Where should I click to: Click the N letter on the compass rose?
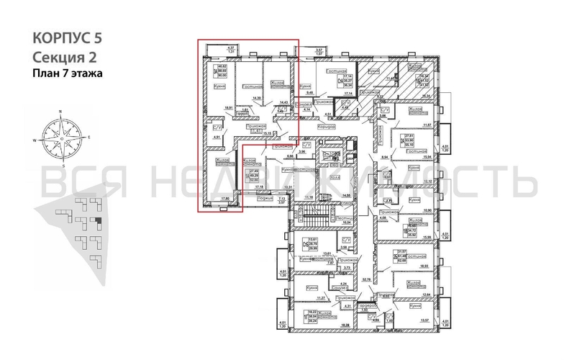tap(61, 112)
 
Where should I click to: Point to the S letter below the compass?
tap(62, 166)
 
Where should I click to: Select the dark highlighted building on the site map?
tap(99, 222)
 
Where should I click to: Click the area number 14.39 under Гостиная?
tap(254, 97)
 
